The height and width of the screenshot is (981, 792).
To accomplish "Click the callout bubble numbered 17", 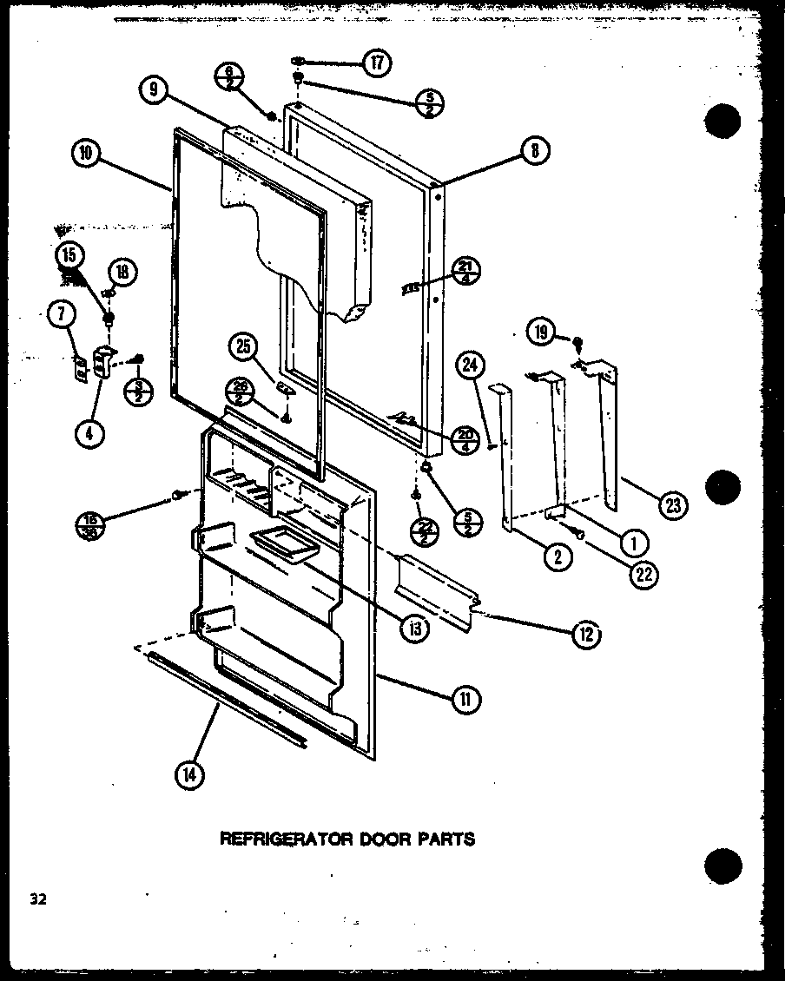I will (377, 63).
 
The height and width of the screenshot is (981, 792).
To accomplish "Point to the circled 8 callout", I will (534, 151).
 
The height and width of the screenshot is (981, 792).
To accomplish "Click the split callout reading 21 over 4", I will (465, 273).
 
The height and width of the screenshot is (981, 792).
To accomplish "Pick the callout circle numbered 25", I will (242, 348).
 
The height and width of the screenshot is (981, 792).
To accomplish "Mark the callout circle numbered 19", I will (541, 331).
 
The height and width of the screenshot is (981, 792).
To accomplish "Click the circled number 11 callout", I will (465, 698).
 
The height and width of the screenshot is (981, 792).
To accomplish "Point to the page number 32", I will (36, 899).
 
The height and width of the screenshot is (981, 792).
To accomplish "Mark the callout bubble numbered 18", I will (122, 272).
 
